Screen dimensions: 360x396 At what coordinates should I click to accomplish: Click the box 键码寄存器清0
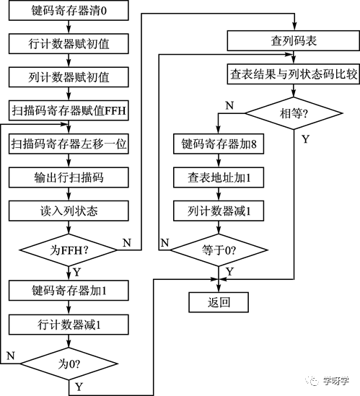click(x=69, y=10)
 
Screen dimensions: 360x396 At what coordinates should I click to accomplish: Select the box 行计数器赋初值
click(x=69, y=44)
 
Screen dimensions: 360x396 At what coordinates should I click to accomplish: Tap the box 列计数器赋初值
click(x=69, y=77)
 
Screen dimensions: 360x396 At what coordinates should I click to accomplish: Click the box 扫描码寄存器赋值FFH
click(x=69, y=110)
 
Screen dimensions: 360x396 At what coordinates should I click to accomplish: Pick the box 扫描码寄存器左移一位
click(x=69, y=144)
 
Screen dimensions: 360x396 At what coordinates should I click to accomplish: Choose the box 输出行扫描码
click(x=69, y=177)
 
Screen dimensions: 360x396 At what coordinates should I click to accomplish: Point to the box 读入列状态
click(x=69, y=211)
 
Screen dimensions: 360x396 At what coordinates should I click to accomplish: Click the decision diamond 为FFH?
click(x=69, y=250)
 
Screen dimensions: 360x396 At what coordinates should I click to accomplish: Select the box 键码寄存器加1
click(x=69, y=290)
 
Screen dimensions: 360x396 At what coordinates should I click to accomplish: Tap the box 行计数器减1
click(x=69, y=325)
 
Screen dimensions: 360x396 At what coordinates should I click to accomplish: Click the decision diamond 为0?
click(x=69, y=364)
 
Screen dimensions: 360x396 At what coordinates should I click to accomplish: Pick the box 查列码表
click(x=294, y=40)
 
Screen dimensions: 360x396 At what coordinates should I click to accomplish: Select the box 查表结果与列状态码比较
click(x=294, y=74)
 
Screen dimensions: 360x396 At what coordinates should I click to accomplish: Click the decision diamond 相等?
click(x=294, y=113)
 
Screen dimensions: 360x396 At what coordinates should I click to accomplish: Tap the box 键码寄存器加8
click(x=219, y=144)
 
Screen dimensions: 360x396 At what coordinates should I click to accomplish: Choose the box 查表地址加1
click(x=219, y=177)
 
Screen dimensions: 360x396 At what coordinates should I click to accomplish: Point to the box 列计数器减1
click(x=219, y=211)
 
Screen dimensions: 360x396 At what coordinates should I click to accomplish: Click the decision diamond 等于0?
click(x=219, y=250)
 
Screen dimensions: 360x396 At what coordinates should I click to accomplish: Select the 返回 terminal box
click(x=219, y=302)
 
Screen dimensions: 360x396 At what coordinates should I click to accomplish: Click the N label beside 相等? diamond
click(x=229, y=105)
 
